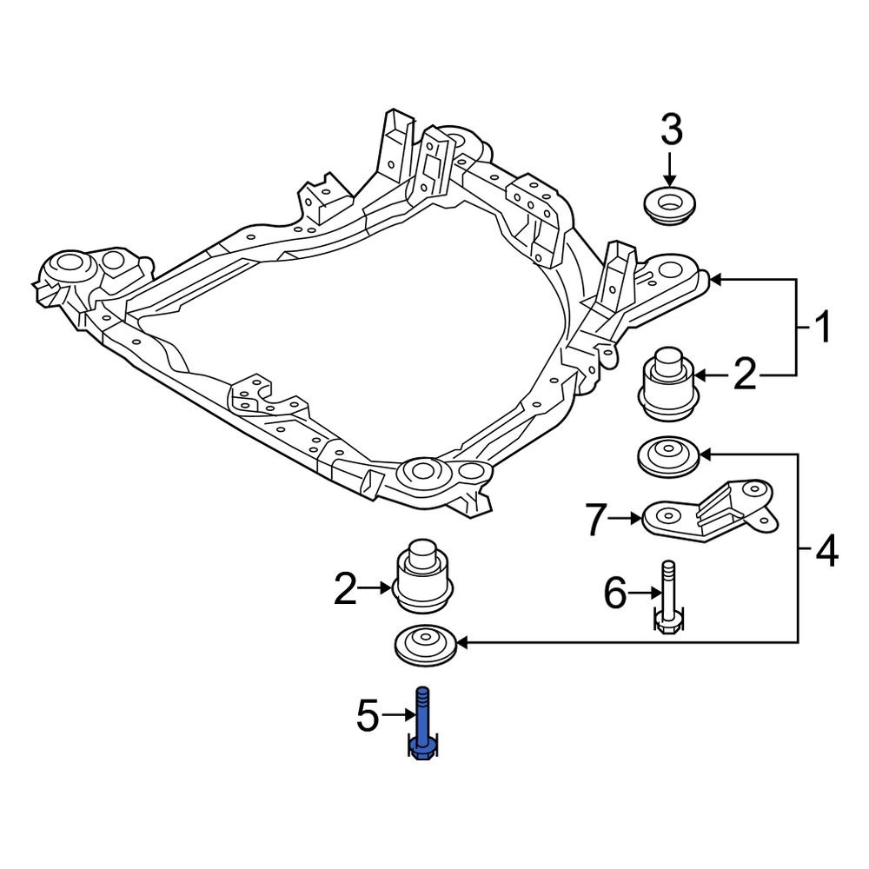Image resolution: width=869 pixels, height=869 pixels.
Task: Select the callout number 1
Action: pyautogui.click(x=820, y=328)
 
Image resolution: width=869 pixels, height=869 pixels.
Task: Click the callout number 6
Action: pyautogui.click(x=614, y=594)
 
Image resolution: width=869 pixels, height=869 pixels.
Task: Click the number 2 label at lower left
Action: pyautogui.click(x=346, y=590)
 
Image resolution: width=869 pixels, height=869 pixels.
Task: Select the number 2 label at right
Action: pyautogui.click(x=746, y=375)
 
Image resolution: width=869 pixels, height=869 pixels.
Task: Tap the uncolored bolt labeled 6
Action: pyautogui.click(x=667, y=599)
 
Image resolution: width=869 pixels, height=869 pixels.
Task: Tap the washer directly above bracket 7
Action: pyautogui.click(x=667, y=457)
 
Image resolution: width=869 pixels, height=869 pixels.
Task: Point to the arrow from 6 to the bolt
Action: pyautogui.click(x=642, y=594)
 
